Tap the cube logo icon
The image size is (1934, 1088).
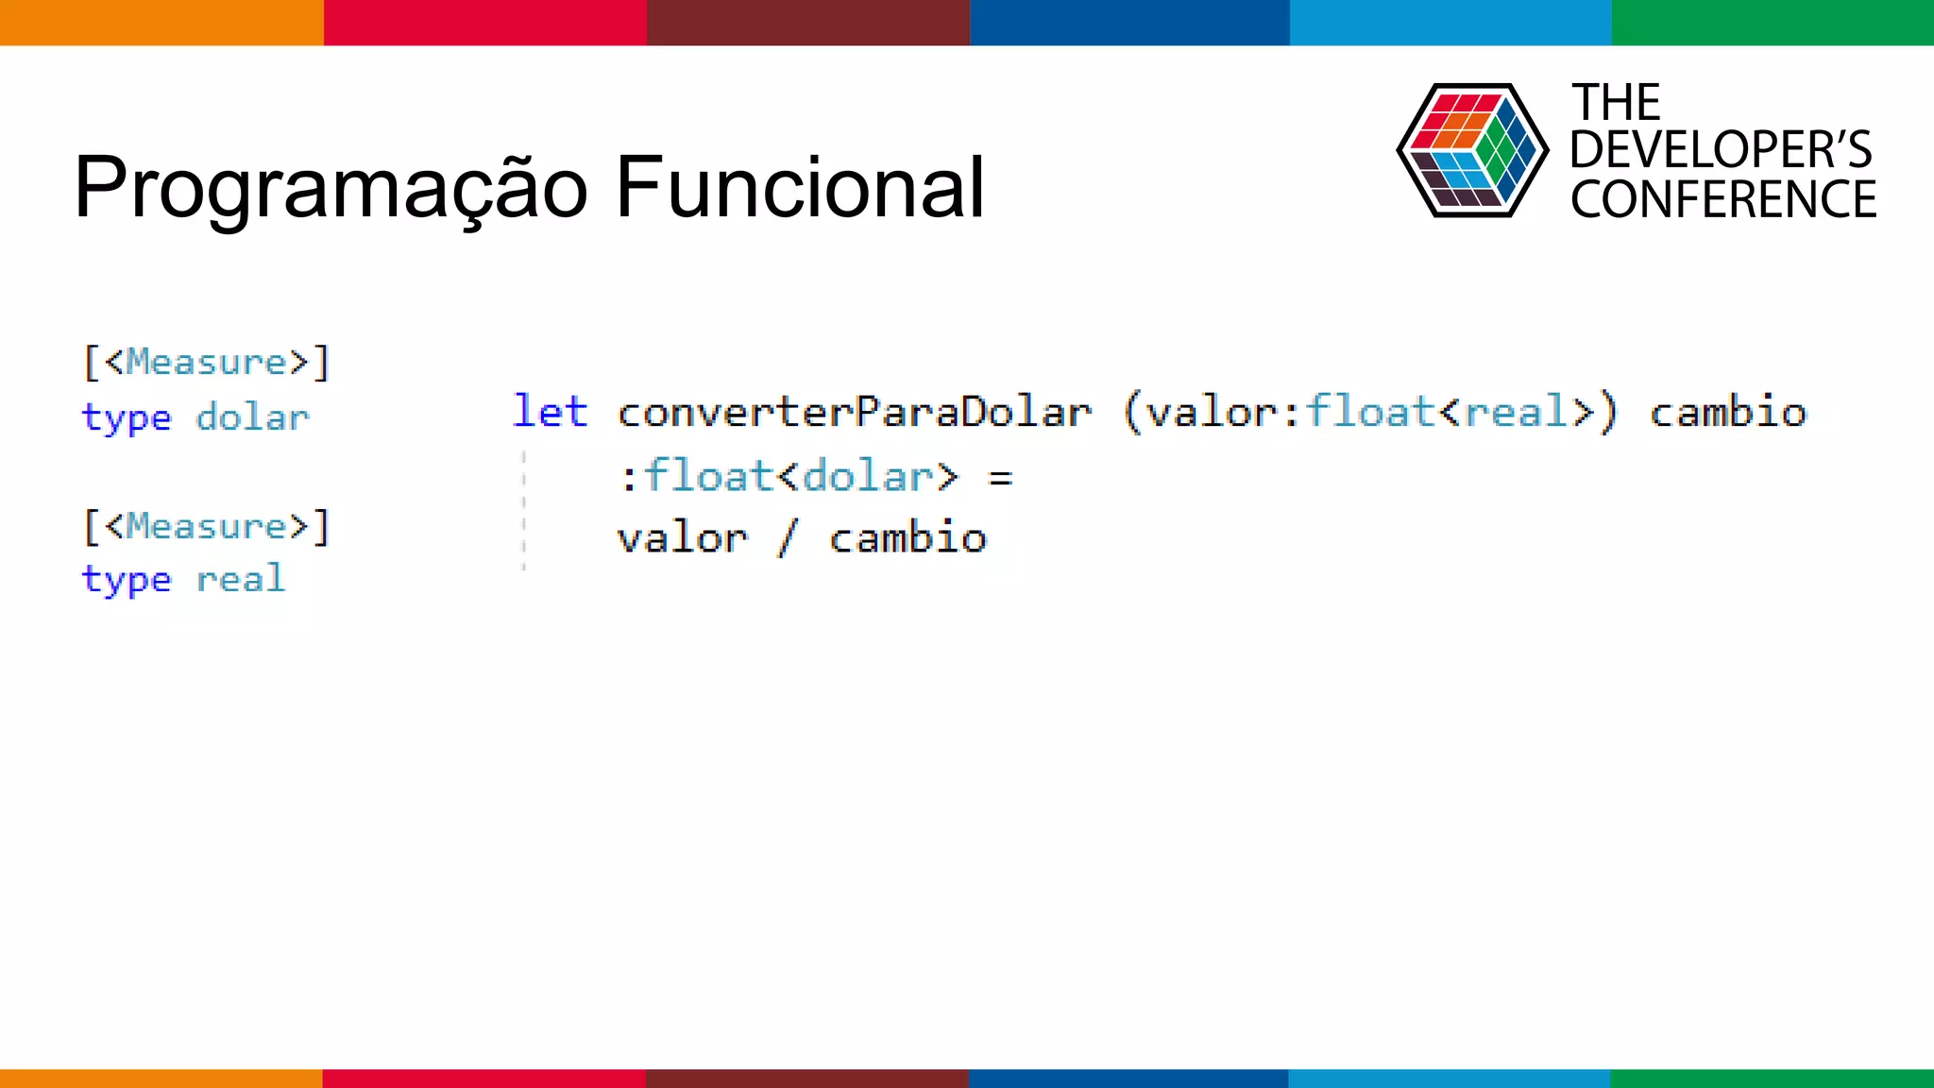pos(1471,151)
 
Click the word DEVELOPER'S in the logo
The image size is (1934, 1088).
pos(1721,150)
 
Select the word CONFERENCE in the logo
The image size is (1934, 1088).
pos(1722,199)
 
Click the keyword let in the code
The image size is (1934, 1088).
pos(550,412)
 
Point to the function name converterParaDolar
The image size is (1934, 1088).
pos(854,413)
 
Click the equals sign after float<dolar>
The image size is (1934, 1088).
pos(1000,478)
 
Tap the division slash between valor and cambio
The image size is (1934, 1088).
pos(787,539)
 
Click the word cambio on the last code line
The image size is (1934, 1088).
pos(908,538)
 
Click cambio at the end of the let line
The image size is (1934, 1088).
pos(1727,412)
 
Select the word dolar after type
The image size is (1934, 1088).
pos(252,417)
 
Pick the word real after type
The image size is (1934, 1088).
pos(240,579)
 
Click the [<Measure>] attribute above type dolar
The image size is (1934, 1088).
pos(207,363)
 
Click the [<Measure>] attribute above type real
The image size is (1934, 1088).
pos(207,526)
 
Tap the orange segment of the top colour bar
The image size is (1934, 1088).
pos(161,22)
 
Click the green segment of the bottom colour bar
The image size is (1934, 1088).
pos(1772,1078)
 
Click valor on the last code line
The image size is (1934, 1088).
pos(682,538)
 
